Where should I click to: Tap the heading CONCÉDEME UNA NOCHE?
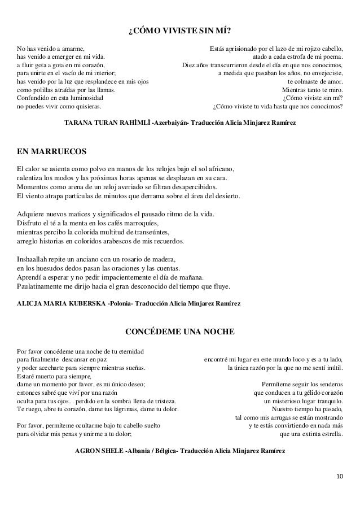pos(179,330)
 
